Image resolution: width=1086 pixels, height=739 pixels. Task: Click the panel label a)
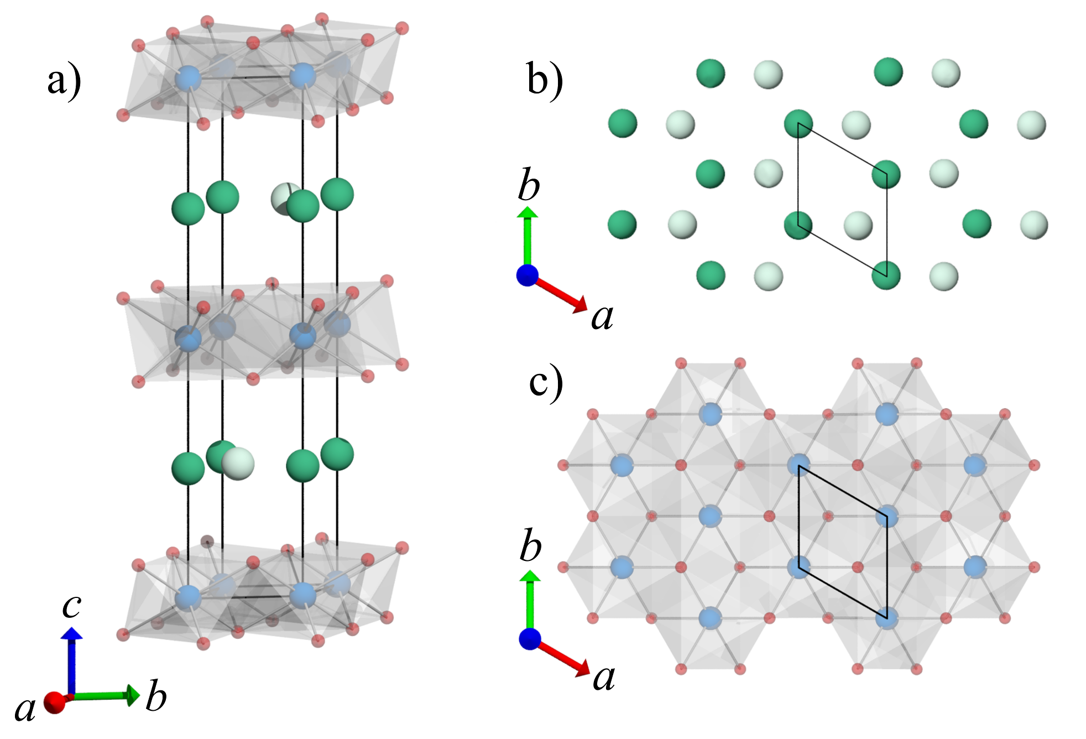tap(64, 82)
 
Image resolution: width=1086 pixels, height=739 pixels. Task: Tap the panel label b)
tap(545, 81)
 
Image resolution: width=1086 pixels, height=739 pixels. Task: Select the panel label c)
tap(546, 383)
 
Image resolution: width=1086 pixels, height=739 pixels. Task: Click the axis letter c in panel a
tap(72, 605)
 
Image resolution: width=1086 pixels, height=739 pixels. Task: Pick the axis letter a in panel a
tap(25, 709)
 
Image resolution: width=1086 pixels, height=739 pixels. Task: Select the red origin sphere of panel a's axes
tap(55, 702)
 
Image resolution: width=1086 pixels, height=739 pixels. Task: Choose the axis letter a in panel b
tap(602, 318)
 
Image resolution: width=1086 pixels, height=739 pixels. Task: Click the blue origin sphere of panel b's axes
tap(528, 275)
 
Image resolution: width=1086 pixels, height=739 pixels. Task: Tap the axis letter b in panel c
tap(530, 546)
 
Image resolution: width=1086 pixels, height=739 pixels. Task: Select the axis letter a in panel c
tap(604, 677)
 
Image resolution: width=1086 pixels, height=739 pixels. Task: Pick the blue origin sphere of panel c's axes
tap(530, 639)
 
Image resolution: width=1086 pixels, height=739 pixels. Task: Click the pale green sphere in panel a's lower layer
tap(238, 464)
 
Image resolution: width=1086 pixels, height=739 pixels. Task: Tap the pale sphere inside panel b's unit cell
tap(858, 225)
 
